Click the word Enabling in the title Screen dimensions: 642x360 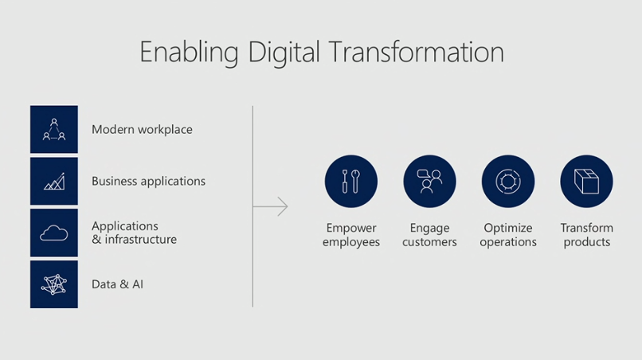coord(189,53)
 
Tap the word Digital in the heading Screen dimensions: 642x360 coord(284,53)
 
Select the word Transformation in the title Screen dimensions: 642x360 coord(417,52)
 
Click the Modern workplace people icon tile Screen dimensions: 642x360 coord(54,129)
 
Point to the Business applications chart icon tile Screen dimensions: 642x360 coord(54,181)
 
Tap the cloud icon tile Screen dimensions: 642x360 coord(54,233)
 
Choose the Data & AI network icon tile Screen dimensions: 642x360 coord(54,284)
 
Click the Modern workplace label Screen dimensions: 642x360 coord(142,130)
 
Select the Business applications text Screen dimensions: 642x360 coord(149,182)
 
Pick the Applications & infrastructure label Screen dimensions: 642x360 coord(135,233)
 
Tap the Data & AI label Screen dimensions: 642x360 coord(118,284)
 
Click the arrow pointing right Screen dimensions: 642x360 coord(271,206)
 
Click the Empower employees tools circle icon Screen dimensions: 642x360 coord(351,182)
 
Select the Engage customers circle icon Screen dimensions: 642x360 coord(429,182)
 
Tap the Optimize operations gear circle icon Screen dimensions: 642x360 coord(508,182)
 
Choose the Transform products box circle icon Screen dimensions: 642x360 coord(587,182)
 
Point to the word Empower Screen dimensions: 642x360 coord(351,228)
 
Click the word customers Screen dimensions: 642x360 coord(429,242)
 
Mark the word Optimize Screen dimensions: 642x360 coord(508,228)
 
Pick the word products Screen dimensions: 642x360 coord(587,242)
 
